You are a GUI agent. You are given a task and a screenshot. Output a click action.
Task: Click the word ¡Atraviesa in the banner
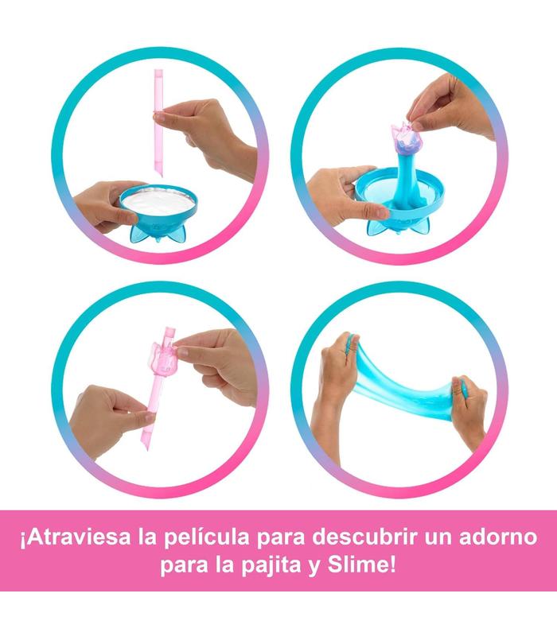pyautogui.click(x=76, y=537)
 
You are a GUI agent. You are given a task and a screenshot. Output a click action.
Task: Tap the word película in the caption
pyautogui.click(x=207, y=538)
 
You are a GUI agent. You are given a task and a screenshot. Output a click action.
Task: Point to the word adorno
pyautogui.click(x=498, y=537)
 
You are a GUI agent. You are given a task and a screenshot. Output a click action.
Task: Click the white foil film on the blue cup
pyautogui.click(x=158, y=201)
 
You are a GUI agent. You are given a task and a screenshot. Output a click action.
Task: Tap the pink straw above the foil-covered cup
pyautogui.click(x=158, y=123)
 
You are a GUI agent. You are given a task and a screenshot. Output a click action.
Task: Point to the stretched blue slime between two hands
pyautogui.click(x=403, y=386)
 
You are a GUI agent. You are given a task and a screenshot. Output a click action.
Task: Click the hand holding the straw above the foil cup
pyautogui.click(x=211, y=134)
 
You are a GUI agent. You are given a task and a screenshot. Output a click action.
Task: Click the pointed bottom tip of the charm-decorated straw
pyautogui.click(x=147, y=449)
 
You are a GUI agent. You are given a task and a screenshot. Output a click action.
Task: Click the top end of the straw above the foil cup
pyautogui.click(x=158, y=71)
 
